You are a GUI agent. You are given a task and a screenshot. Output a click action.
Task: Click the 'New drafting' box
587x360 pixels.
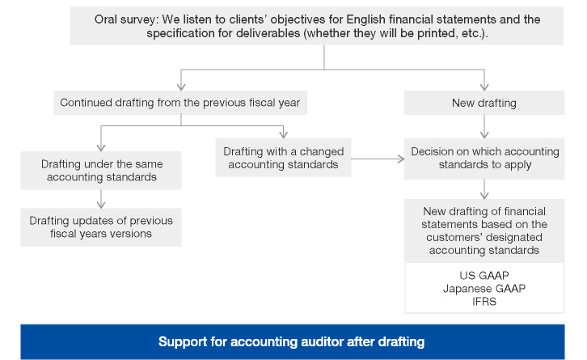click(x=484, y=103)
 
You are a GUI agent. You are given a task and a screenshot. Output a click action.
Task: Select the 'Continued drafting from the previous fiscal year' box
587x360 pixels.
click(x=180, y=103)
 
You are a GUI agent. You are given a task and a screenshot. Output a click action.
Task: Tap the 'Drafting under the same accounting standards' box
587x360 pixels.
click(x=101, y=171)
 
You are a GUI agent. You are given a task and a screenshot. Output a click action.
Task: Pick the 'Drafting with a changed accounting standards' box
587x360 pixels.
click(x=283, y=158)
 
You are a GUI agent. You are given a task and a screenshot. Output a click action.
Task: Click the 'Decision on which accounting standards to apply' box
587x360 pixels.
click(x=484, y=159)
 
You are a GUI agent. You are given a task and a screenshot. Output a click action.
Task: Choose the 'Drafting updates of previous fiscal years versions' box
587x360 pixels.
click(x=101, y=227)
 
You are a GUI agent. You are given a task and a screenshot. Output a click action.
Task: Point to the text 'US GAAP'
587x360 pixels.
click(x=484, y=275)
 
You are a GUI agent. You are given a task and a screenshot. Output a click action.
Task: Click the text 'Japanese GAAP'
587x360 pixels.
click(x=484, y=289)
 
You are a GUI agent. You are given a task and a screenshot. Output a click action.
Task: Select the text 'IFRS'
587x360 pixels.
click(x=484, y=302)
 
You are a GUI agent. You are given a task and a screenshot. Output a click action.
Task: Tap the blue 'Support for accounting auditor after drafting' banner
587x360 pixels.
click(x=293, y=341)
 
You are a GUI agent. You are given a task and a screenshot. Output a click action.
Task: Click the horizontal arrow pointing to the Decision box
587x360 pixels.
click(x=378, y=159)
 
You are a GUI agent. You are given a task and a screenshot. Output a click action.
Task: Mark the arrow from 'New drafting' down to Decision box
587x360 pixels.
click(x=484, y=127)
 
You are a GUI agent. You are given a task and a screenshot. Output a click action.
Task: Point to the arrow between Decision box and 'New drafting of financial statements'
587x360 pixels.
click(x=484, y=189)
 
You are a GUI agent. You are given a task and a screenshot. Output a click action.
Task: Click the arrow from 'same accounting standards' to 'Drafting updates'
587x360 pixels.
click(x=101, y=199)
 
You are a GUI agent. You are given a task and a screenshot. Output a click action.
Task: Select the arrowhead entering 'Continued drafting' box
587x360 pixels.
click(x=181, y=87)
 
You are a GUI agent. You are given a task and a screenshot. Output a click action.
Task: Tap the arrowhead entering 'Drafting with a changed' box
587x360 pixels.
click(x=283, y=134)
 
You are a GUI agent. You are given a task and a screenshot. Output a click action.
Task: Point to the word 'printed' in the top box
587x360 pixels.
click(x=437, y=33)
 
